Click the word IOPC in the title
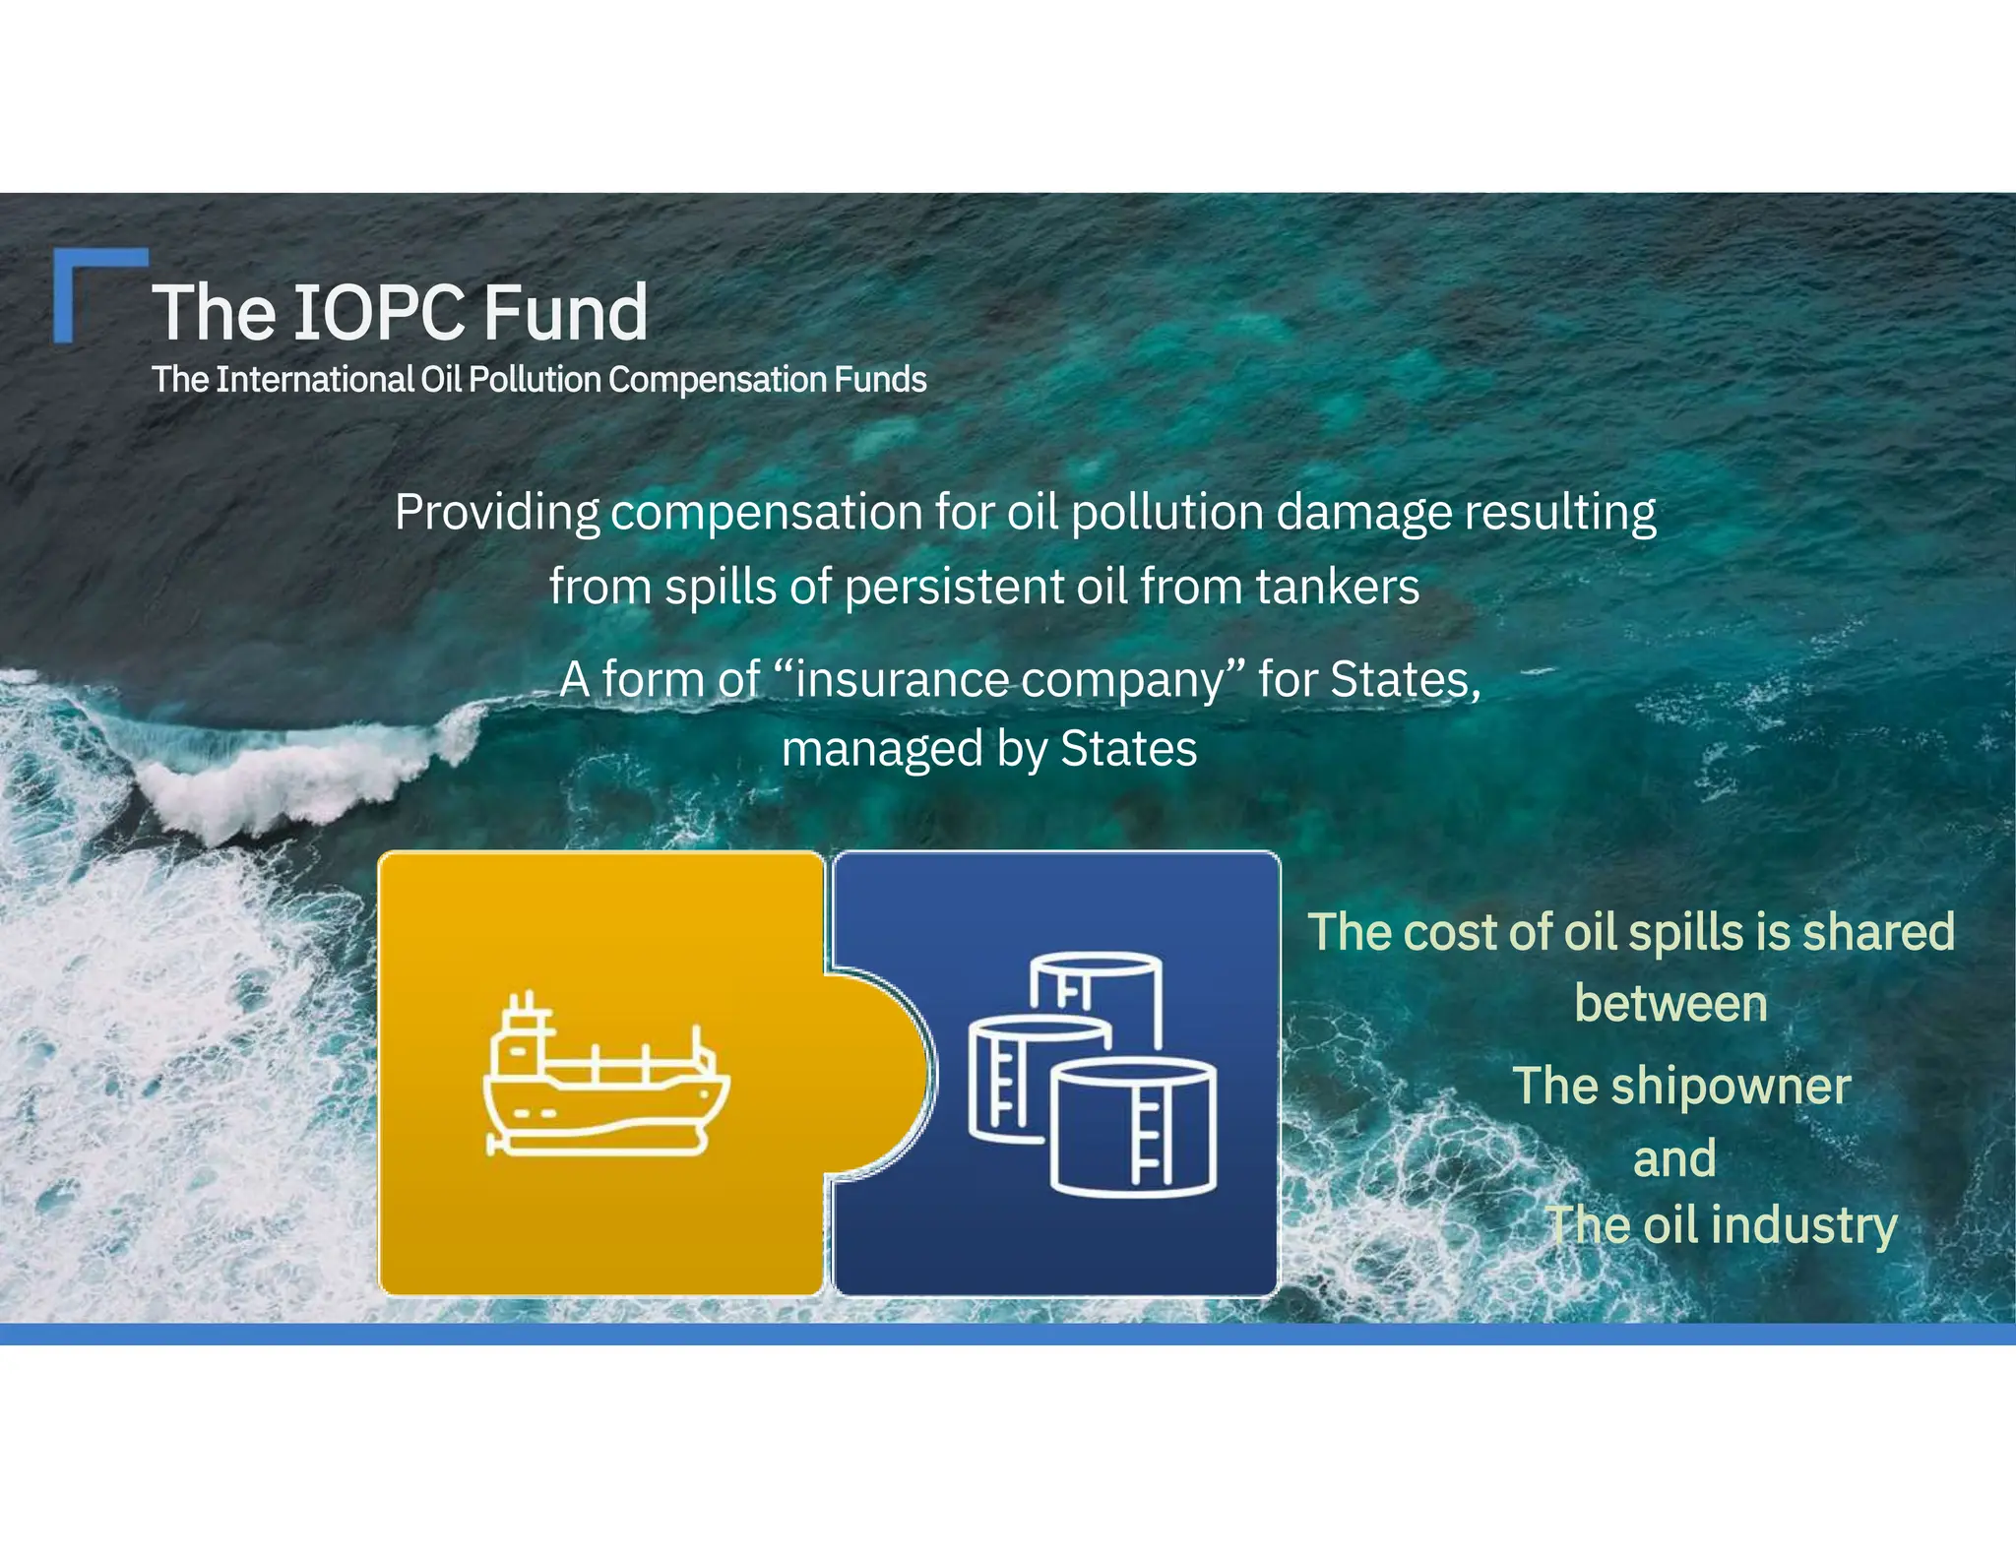coord(379,313)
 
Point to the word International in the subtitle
coord(314,380)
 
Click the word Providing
coord(497,514)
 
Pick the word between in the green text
coord(1670,1004)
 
